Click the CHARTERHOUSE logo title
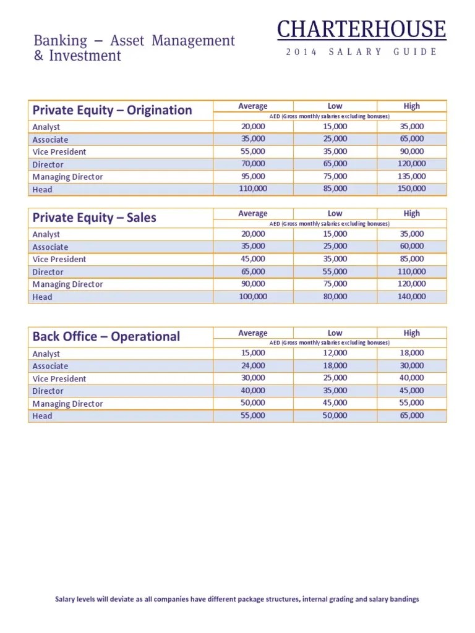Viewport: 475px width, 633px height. tap(361, 29)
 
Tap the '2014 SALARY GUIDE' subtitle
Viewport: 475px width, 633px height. tap(361, 52)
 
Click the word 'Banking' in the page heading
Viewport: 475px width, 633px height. tap(61, 41)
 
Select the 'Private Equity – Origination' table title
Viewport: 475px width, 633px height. tap(112, 110)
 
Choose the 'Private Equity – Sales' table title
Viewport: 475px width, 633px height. tap(94, 217)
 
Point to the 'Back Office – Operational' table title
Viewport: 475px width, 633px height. tap(106, 336)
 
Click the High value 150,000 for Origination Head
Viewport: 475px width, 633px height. tap(411, 189)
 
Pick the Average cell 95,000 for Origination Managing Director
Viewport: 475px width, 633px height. tap(252, 176)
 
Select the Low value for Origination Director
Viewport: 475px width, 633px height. tap(335, 164)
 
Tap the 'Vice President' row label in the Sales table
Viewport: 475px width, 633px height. tap(59, 259)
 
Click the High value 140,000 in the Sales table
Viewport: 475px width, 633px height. tap(411, 296)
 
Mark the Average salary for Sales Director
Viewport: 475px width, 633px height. tap(252, 271)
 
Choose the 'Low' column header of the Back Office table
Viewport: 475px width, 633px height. tap(335, 333)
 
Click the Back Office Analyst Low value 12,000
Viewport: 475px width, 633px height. tap(335, 353)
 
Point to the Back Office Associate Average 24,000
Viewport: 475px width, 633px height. tap(252, 365)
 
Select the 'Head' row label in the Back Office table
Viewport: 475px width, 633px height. tap(43, 416)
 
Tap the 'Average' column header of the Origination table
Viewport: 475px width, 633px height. tap(252, 106)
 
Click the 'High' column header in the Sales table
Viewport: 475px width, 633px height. tap(411, 213)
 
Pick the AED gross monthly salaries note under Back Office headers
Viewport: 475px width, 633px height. tap(330, 342)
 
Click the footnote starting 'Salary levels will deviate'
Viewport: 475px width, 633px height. tap(237, 599)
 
